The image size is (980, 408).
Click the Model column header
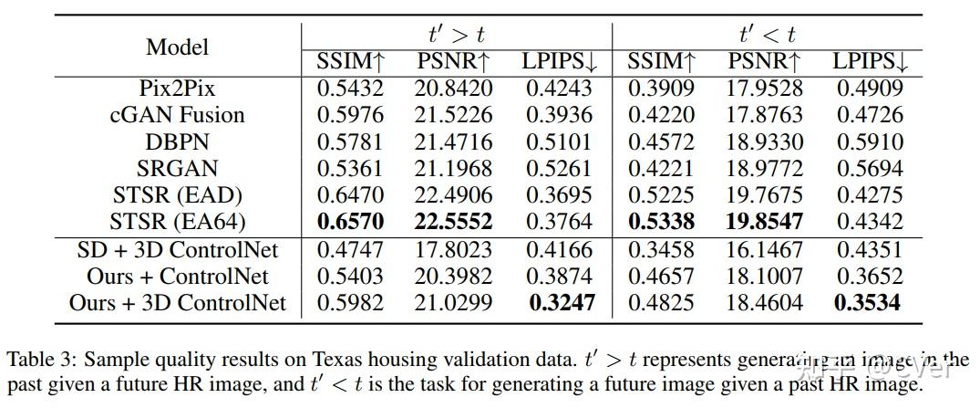click(177, 47)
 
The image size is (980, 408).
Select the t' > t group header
click(456, 35)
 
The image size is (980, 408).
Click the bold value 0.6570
click(351, 222)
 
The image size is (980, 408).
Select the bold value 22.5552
click(454, 222)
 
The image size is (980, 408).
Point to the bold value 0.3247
click(559, 303)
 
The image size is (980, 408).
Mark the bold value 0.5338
click(661, 222)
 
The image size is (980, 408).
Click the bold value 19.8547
click(765, 222)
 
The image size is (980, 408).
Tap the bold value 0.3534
click(870, 303)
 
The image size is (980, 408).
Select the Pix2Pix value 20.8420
click(454, 89)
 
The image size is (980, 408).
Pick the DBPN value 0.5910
click(870, 141)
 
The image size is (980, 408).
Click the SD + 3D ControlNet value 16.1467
click(765, 249)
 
